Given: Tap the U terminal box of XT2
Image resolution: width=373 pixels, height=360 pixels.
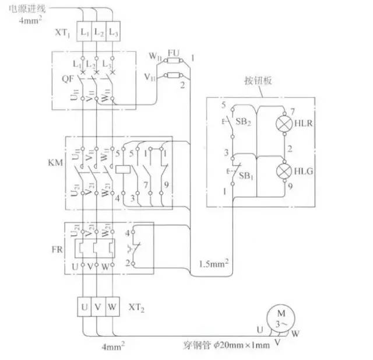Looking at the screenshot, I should point(83,306).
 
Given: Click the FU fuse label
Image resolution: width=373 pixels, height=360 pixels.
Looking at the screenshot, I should point(173,53).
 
